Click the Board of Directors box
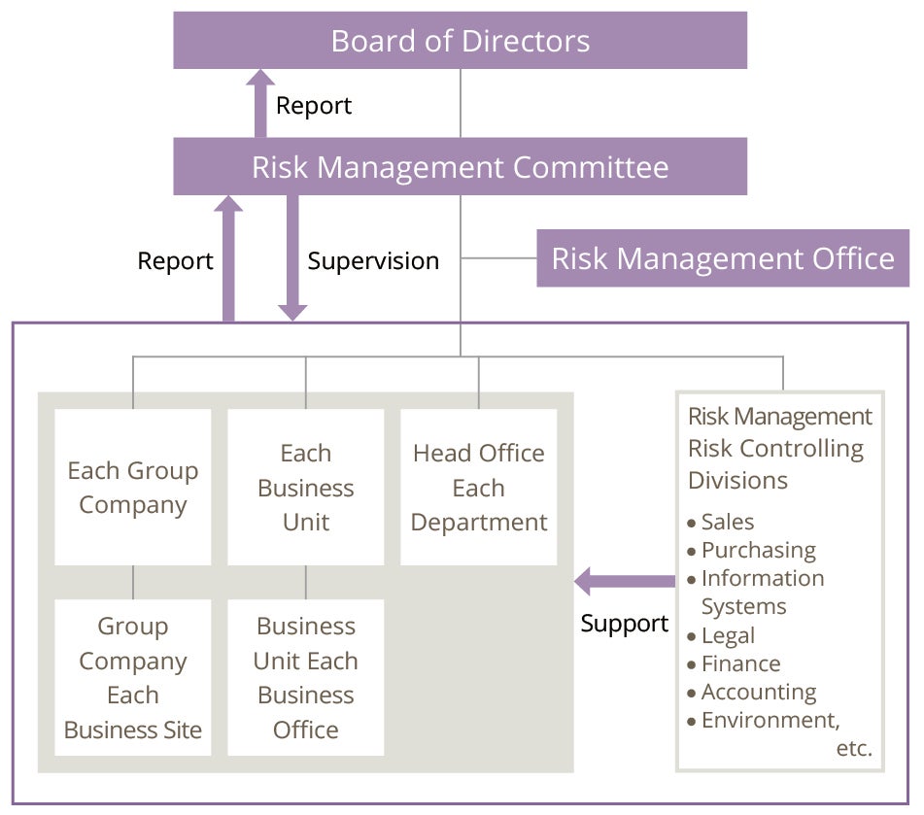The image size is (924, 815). (461, 40)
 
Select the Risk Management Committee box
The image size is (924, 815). (461, 167)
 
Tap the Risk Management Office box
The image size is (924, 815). (723, 258)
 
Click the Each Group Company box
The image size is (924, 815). (132, 488)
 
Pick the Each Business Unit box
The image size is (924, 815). (306, 488)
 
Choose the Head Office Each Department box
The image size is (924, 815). (478, 488)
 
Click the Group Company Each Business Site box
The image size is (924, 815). (132, 678)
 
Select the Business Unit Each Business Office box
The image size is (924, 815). (306, 678)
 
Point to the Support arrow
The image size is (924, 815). (625, 582)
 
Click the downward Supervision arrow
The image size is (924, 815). (292, 258)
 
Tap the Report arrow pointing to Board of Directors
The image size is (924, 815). (260, 104)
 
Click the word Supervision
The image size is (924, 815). (374, 261)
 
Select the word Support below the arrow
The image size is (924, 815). (625, 624)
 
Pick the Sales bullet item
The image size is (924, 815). (721, 522)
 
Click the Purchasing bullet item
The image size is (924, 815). (752, 551)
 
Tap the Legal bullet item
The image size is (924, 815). (721, 636)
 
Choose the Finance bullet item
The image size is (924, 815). (735, 664)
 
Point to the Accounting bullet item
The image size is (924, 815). (752, 693)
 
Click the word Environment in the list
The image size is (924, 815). (769, 720)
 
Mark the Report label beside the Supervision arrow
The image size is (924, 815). (175, 261)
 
